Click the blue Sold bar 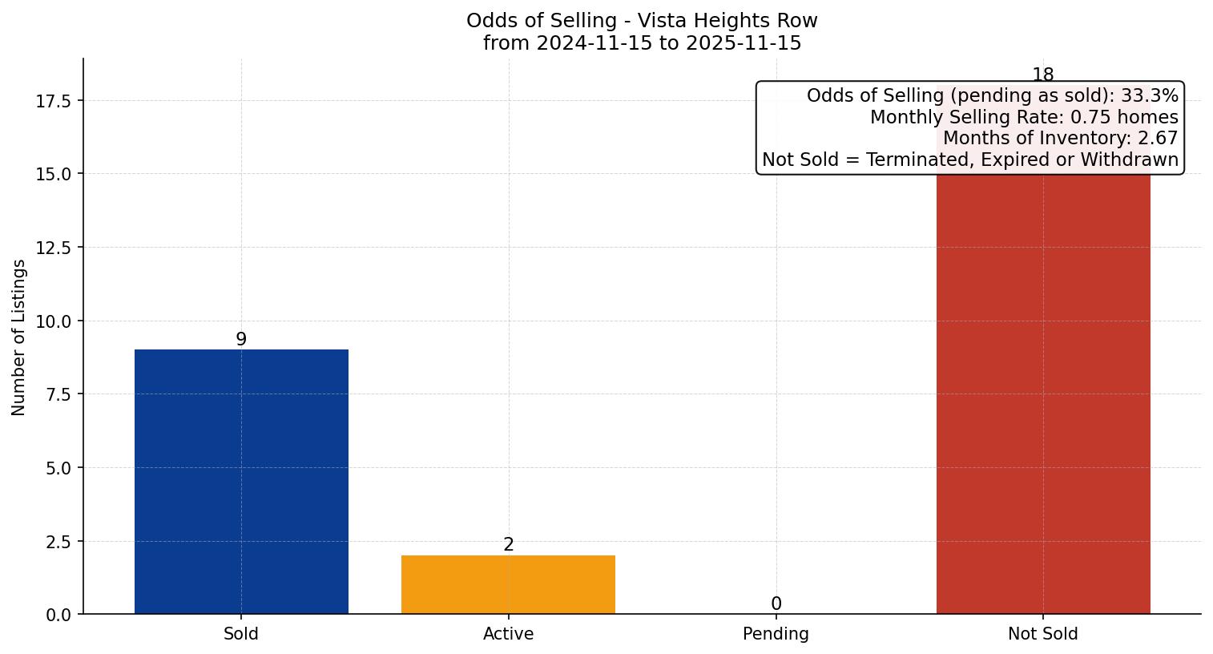241,481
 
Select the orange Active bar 508,584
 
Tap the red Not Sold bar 1042,401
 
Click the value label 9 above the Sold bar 241,340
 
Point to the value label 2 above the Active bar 508,545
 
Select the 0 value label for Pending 776,604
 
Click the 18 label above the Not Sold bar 1042,75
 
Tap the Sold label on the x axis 241,634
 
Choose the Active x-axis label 508,634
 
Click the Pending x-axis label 776,634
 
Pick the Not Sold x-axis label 1042,634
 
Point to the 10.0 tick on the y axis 53,321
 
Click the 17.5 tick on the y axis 53,101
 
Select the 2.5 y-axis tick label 57,542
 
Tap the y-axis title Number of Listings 19,337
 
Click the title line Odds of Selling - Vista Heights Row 642,21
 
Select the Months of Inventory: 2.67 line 1060,138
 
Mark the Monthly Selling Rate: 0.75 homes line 1024,117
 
